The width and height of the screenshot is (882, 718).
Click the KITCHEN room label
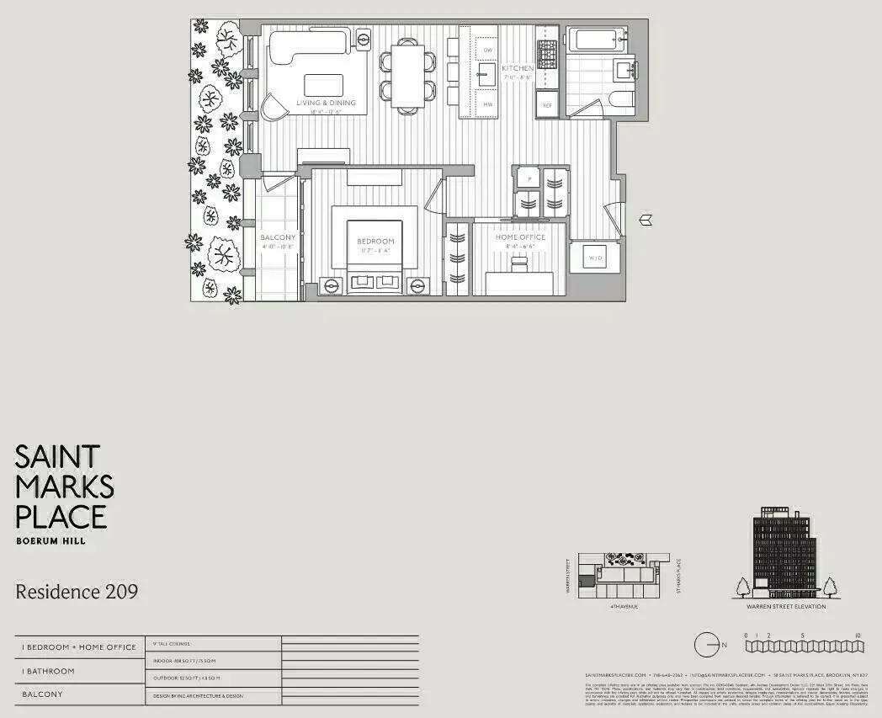(518, 68)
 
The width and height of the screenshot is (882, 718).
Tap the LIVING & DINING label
(326, 103)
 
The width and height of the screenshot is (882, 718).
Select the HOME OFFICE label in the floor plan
(520, 237)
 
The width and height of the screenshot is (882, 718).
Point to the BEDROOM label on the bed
(375, 242)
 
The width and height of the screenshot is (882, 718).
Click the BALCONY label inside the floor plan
(277, 237)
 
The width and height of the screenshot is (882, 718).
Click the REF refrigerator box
(547, 105)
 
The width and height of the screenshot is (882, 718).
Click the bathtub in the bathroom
(595, 40)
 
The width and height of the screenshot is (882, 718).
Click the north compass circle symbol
(704, 645)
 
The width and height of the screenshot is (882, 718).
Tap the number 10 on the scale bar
(856, 636)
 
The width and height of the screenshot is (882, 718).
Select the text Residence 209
(77, 592)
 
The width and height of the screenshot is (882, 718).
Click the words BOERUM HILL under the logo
(50, 541)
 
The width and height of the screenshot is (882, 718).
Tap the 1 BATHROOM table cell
(48, 671)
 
